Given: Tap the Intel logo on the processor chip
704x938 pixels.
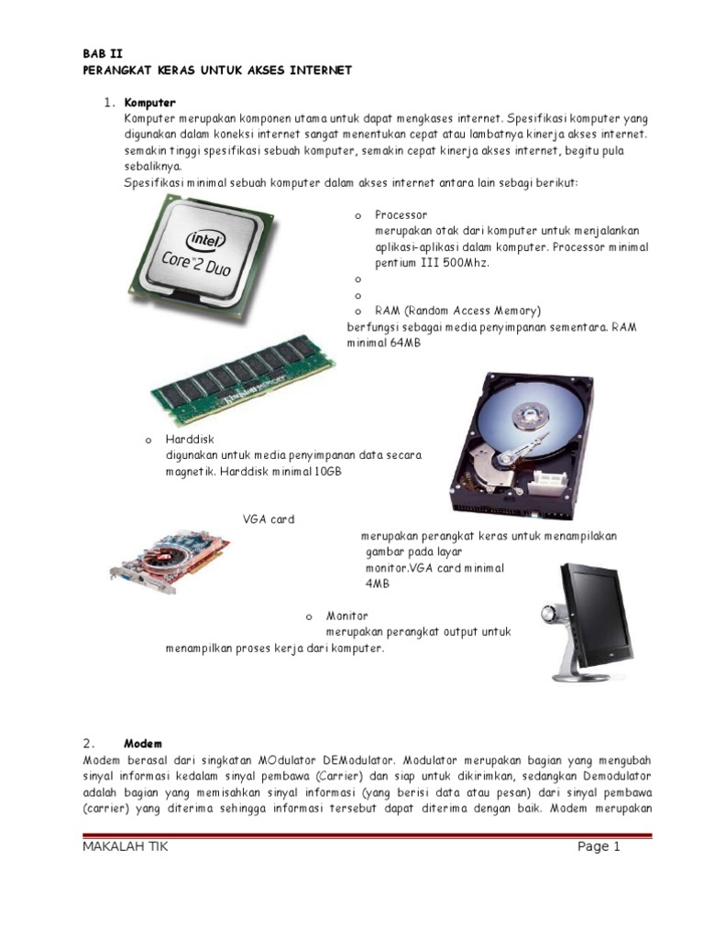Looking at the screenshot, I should pyautogui.click(x=206, y=240).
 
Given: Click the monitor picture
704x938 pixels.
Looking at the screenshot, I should pyautogui.click(x=592, y=619).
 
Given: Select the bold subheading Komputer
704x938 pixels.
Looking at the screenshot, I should pyautogui.click(x=150, y=102).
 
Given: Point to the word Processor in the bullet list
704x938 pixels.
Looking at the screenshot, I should pyautogui.click(x=401, y=214).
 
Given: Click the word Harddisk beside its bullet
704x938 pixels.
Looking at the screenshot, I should pyautogui.click(x=190, y=440).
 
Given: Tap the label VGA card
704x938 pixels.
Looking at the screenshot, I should pyautogui.click(x=269, y=519).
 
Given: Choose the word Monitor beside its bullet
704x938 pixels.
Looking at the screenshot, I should pyautogui.click(x=347, y=616).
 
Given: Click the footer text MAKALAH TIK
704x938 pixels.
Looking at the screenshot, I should pyautogui.click(x=125, y=846).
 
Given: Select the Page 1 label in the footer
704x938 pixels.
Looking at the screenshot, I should pyautogui.click(x=599, y=846).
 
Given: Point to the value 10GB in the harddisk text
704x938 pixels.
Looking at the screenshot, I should pyautogui.click(x=327, y=472).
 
